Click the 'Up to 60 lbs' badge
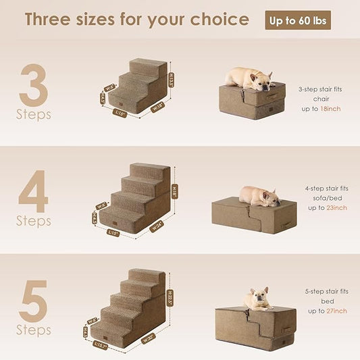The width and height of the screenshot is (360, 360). (x=298, y=20)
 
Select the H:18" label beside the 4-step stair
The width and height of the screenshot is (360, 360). (x=176, y=190)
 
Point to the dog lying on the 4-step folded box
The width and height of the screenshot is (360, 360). (x=259, y=195)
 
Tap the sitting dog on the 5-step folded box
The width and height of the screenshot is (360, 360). (x=257, y=297)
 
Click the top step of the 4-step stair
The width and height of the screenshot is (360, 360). (x=150, y=170)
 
